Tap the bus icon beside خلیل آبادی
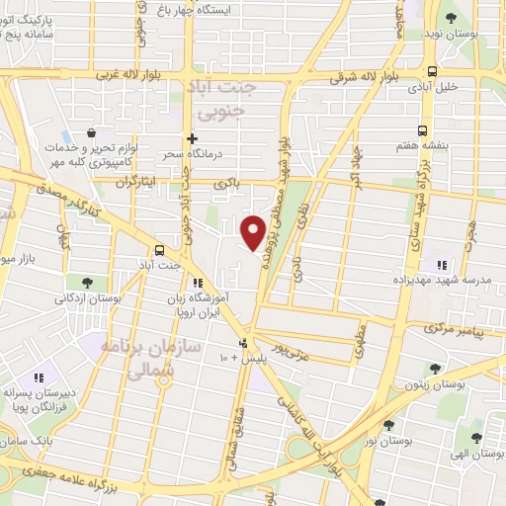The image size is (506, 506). [432, 71]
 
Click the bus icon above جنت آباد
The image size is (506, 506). [160, 250]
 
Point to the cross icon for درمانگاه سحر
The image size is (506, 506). [193, 139]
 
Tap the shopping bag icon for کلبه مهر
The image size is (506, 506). [91, 132]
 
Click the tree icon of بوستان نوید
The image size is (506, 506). [451, 18]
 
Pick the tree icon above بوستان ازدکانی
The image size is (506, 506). [89, 282]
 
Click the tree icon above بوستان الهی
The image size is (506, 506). [476, 437]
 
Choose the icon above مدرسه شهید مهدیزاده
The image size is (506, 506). [441, 264]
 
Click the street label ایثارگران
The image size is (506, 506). [108, 184]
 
